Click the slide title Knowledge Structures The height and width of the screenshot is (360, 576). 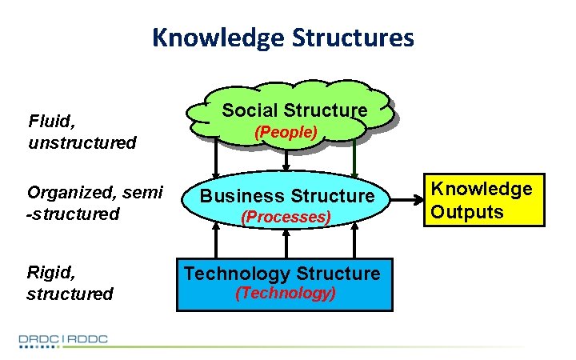(283, 37)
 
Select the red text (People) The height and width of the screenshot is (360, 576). (286, 131)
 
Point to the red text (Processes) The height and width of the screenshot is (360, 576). (286, 217)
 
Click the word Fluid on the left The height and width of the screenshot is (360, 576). (49, 122)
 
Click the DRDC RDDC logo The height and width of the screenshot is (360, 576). (64, 340)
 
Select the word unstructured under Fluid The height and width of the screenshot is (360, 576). (82, 143)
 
